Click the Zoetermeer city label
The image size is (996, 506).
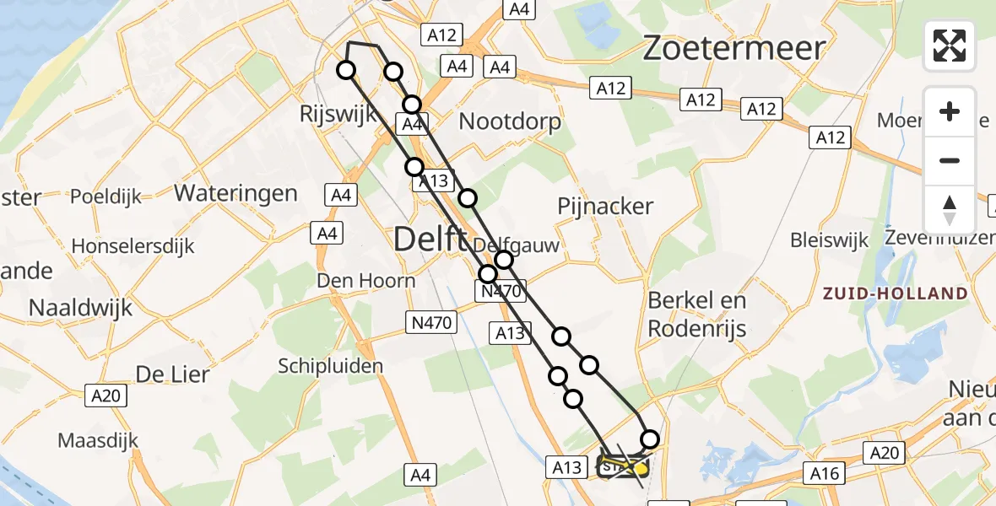733,48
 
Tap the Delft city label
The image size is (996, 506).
430,240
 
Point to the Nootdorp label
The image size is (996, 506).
510,121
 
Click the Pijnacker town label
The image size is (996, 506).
605,206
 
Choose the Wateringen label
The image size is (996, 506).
235,193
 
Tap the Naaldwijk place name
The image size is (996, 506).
81,307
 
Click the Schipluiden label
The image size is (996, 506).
331,366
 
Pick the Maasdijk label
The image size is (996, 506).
98,440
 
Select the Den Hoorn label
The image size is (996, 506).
365,281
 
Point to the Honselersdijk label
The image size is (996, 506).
133,246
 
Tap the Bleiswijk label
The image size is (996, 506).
829,240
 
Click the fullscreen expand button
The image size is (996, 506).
950,46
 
